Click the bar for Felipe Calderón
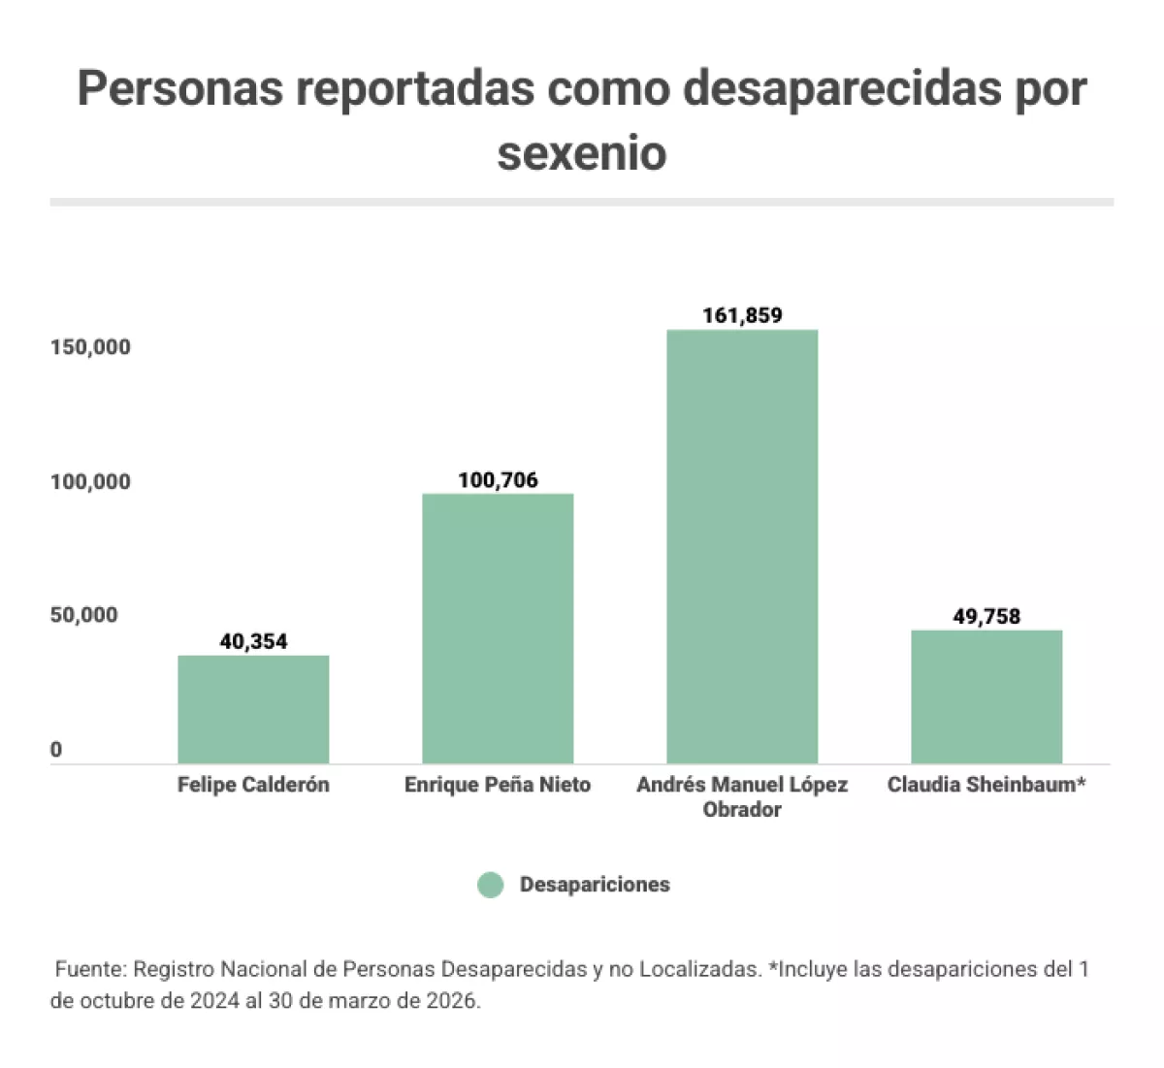(253, 709)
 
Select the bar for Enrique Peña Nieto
(498, 629)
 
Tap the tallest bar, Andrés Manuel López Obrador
(742, 546)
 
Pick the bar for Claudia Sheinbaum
(986, 696)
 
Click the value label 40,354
(253, 641)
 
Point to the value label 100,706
(498, 480)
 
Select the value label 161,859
(742, 315)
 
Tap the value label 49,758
(986, 616)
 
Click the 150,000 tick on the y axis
(90, 347)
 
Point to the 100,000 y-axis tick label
(90, 482)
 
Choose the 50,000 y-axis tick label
(84, 615)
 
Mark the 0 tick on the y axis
(56, 750)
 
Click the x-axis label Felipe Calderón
(253, 785)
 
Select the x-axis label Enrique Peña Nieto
(498, 785)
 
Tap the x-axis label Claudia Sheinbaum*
(986, 785)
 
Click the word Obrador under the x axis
(742, 810)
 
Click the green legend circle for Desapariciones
(491, 885)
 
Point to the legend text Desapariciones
(595, 885)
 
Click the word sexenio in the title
(582, 153)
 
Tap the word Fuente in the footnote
(89, 969)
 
